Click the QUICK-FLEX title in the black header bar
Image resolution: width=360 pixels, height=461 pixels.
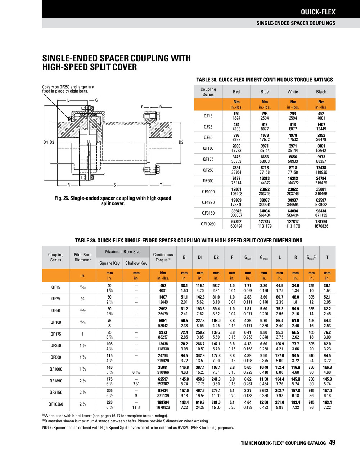(x=318, y=12)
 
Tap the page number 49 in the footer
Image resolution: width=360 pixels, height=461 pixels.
(x=332, y=443)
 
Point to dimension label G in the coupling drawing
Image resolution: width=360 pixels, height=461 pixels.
(x=96, y=100)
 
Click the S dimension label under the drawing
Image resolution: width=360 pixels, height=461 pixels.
(x=114, y=185)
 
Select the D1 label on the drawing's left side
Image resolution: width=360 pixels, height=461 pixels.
(x=46, y=142)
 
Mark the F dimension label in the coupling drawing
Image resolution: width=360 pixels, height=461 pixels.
(x=142, y=107)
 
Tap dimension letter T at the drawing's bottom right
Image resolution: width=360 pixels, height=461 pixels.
(x=161, y=185)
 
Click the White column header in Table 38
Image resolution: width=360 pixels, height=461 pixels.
(x=293, y=92)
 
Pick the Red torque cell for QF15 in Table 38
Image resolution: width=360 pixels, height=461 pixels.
(x=236, y=116)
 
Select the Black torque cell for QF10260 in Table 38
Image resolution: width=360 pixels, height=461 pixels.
(x=321, y=224)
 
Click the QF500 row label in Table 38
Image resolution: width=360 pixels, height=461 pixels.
(x=208, y=181)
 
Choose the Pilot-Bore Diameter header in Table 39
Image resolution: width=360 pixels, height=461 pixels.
(x=82, y=257)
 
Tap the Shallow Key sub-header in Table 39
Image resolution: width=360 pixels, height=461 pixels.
(x=136, y=263)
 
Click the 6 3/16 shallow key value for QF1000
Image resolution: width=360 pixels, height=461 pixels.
(x=136, y=372)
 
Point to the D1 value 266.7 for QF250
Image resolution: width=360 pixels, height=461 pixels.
(x=200, y=344)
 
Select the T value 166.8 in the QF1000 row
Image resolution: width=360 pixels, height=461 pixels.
(x=327, y=367)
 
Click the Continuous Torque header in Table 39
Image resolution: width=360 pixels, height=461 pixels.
(x=163, y=257)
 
